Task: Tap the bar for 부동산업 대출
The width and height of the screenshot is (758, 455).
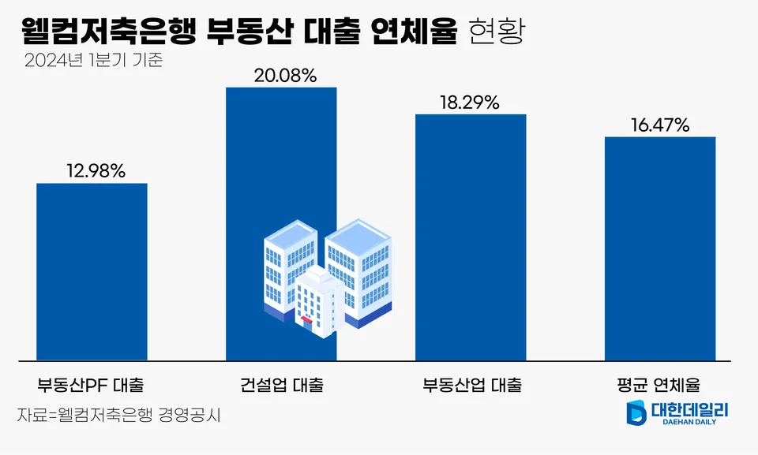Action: pyautogui.click(x=471, y=237)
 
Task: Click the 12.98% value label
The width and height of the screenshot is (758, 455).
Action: pyautogui.click(x=92, y=170)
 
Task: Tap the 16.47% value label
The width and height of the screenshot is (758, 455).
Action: pyautogui.click(x=659, y=125)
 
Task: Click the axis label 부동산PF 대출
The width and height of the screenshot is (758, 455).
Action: pyautogui.click(x=91, y=386)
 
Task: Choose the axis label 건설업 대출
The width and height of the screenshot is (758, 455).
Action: pyautogui.click(x=282, y=386)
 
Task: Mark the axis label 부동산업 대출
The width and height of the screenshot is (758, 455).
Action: pyautogui.click(x=471, y=386)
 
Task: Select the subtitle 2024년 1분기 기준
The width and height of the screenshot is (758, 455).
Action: pyautogui.click(x=93, y=61)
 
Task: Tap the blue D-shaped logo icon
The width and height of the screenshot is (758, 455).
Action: pyautogui.click(x=636, y=413)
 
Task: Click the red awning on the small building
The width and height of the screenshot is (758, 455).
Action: pyautogui.click(x=305, y=320)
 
